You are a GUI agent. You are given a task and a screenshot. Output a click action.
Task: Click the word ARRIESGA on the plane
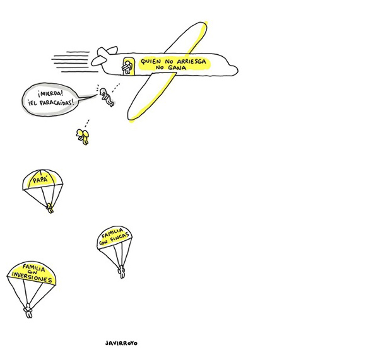tap(191, 62)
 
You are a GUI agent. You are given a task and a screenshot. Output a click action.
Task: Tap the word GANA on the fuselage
tap(177, 68)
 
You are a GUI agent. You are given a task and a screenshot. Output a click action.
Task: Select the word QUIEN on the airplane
tap(151, 62)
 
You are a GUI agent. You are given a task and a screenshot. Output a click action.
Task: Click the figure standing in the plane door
tap(127, 67)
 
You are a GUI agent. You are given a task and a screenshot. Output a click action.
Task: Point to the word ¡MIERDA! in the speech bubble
tap(50, 94)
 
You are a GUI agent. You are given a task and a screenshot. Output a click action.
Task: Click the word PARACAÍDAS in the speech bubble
tap(57, 102)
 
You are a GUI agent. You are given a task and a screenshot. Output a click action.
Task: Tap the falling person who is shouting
tap(107, 97)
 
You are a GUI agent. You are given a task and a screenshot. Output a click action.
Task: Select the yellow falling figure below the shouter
tap(83, 137)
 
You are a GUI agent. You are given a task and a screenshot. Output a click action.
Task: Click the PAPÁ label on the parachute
tap(40, 180)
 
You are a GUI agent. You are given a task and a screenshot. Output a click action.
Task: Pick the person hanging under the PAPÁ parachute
tap(50, 208)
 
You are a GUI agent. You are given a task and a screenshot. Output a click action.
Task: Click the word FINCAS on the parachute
tap(121, 238)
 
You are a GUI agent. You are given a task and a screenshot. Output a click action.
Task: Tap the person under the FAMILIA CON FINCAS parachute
tap(122, 272)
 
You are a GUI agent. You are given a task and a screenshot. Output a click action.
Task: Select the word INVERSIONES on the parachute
tap(32, 277)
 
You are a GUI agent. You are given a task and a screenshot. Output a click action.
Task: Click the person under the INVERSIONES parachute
tap(28, 311)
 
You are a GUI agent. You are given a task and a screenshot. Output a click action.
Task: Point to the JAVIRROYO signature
tap(121, 343)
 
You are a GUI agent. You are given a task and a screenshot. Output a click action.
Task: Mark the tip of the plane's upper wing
tap(204, 23)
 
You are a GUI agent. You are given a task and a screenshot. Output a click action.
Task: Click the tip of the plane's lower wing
tap(130, 119)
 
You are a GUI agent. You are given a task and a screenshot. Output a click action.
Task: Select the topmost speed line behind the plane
tap(78, 52)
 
